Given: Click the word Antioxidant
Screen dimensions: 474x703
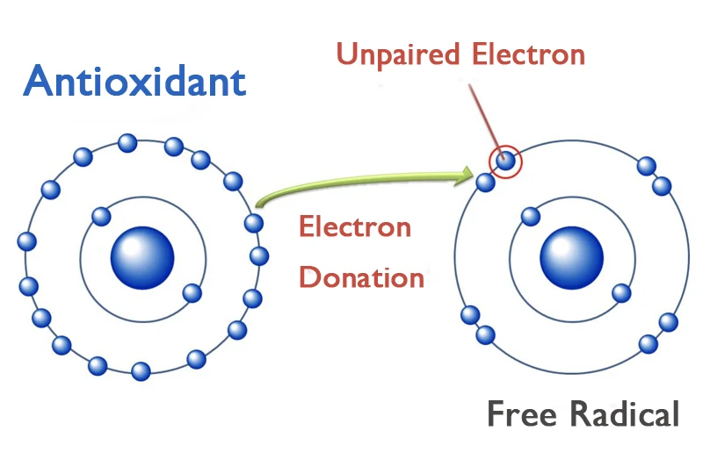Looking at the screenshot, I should (x=134, y=82).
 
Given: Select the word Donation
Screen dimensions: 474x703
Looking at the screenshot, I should (x=361, y=277).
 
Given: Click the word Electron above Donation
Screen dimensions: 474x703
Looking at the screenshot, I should (x=354, y=227).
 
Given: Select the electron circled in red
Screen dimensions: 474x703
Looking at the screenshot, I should (x=505, y=161).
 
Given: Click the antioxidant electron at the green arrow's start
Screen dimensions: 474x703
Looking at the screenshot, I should (x=254, y=223).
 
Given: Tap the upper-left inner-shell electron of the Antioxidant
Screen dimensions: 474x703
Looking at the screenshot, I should (x=100, y=215).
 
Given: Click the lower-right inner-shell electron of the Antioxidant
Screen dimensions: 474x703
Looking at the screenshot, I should (x=191, y=292).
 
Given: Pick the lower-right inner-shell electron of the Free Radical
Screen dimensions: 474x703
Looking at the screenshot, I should (x=620, y=292).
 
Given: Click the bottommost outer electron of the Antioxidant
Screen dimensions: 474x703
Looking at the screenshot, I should (x=141, y=371).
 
